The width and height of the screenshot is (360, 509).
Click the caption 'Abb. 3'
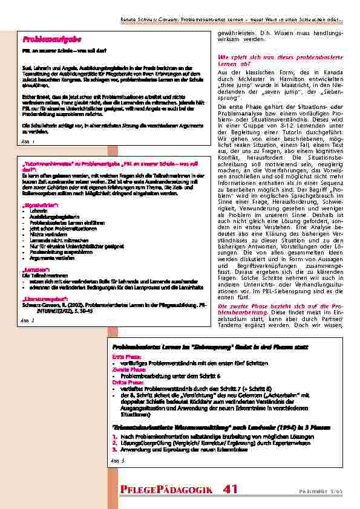click(x=118, y=461)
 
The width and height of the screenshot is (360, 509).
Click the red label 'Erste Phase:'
click(x=125, y=357)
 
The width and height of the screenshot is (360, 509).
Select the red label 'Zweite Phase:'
click(x=126, y=369)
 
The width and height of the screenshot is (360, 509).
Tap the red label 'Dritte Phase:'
click(x=126, y=381)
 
